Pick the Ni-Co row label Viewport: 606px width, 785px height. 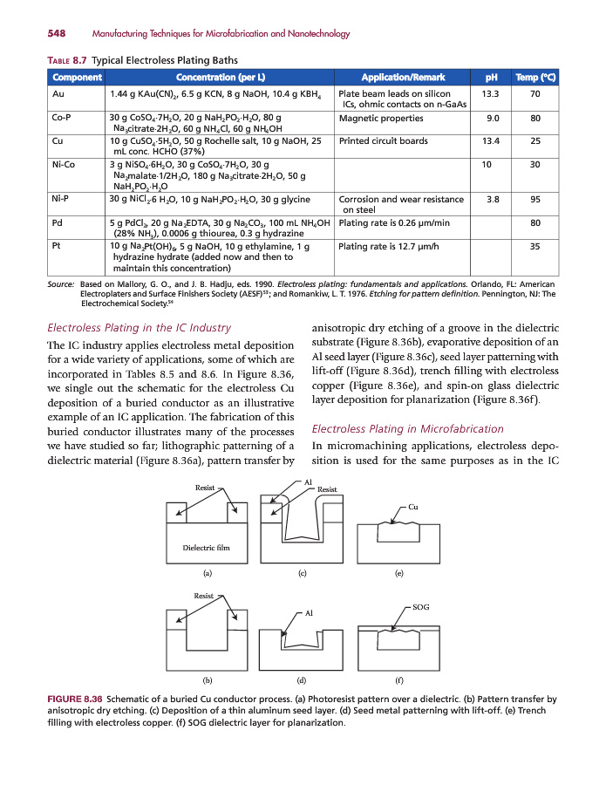(64, 163)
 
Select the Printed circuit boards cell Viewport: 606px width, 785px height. (383, 140)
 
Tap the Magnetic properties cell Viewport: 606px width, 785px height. (381, 117)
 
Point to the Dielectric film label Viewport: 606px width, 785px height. (206, 548)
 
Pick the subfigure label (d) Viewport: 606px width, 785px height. (301, 678)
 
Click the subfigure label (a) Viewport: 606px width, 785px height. (207, 574)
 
